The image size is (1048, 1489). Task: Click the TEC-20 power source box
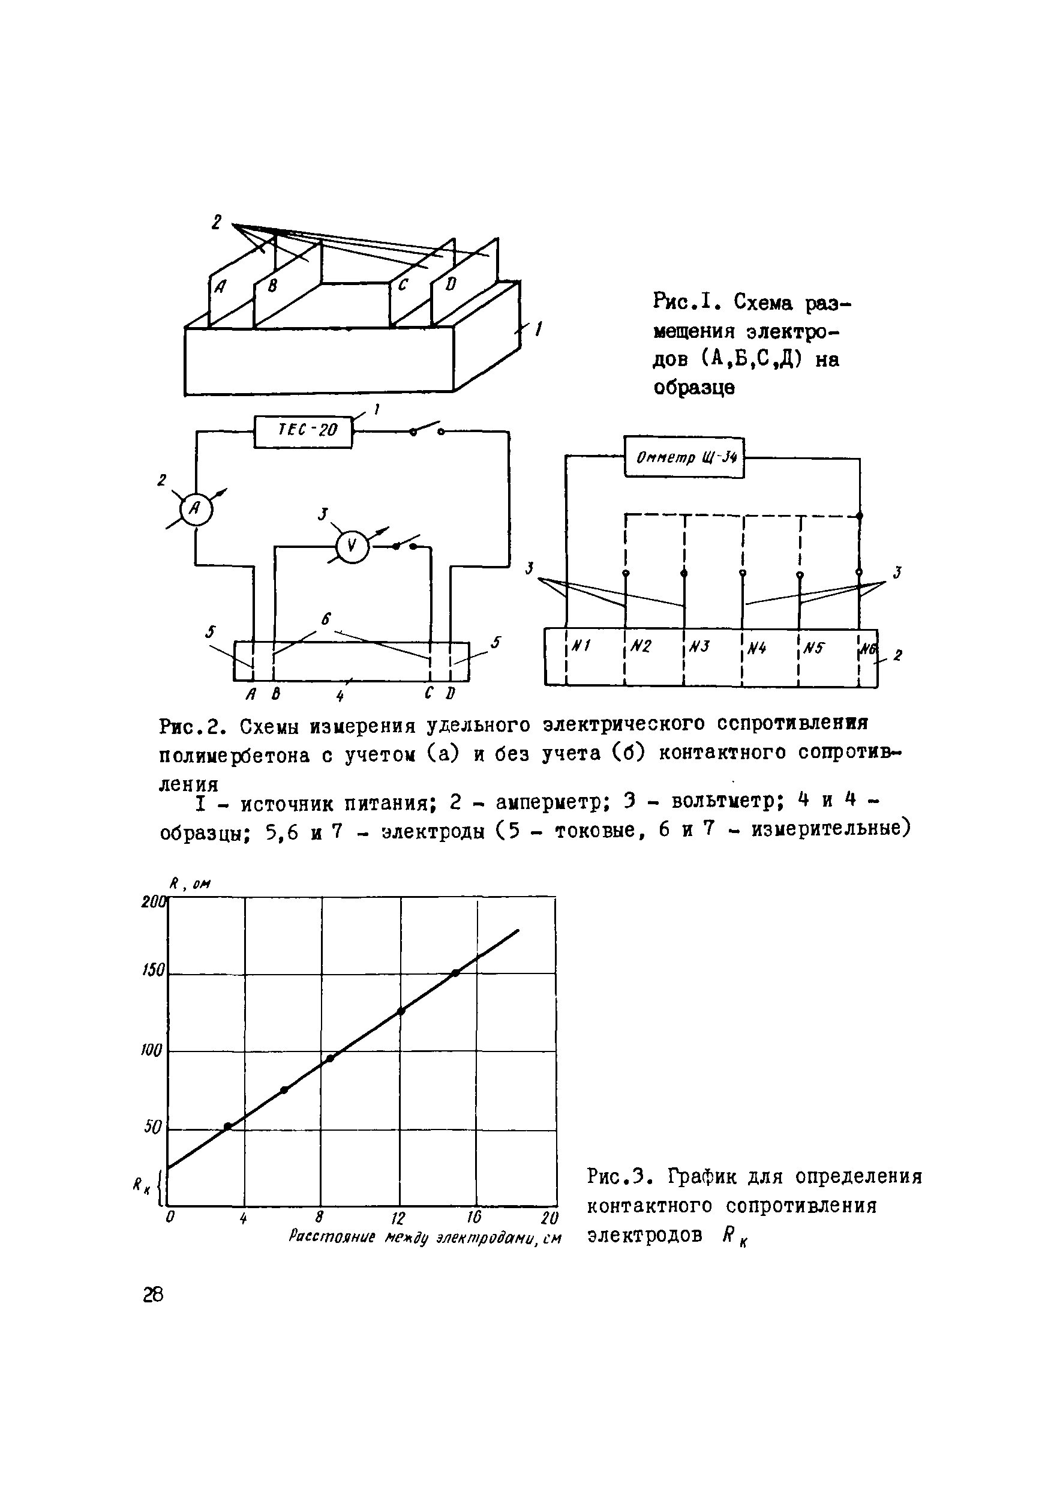304,432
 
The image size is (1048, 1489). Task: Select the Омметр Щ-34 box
684,457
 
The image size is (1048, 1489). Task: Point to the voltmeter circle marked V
352,547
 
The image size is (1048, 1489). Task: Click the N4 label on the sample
756,647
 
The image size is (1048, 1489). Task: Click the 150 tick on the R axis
154,970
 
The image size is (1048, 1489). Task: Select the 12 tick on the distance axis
398,1218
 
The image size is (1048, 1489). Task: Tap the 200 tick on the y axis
154,901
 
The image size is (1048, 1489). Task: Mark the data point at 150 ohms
456,973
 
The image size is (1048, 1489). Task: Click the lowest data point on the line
227,1127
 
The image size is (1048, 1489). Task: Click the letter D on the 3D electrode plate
451,284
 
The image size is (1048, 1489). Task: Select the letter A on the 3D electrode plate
220,286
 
